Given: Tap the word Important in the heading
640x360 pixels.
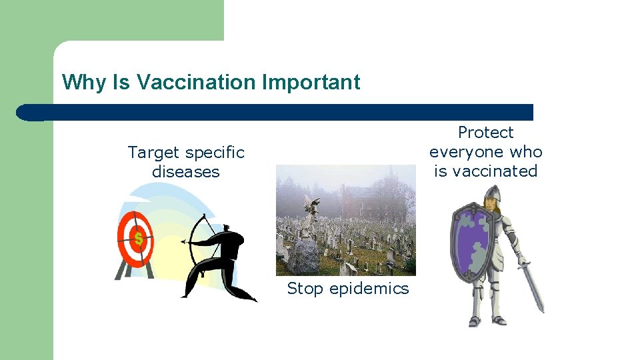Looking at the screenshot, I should [311, 82].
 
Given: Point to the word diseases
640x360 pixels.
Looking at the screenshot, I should [185, 172].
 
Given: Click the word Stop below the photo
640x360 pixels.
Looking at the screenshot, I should [304, 289].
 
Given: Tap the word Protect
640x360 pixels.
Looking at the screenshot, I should [485, 133].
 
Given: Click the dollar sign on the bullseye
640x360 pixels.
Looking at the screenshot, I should [138, 238].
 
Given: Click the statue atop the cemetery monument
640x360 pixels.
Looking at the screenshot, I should [310, 205].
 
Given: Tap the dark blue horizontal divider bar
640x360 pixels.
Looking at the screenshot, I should [280, 112].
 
